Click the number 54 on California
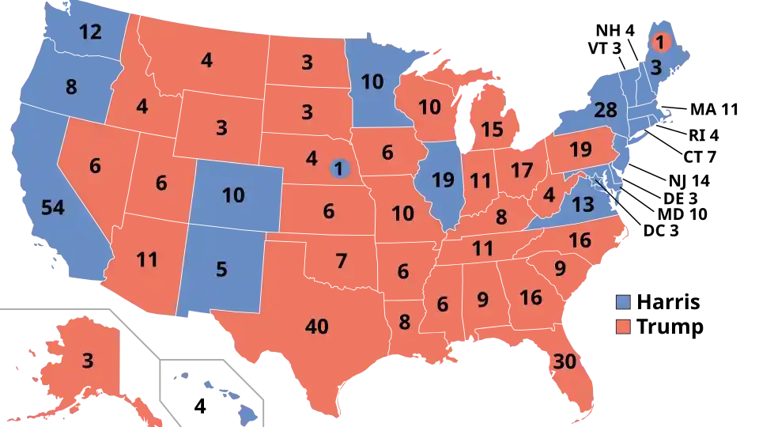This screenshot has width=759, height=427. [52, 208]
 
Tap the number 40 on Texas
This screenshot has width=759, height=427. [316, 325]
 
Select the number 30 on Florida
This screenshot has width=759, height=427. [565, 361]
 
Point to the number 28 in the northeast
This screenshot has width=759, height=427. [605, 111]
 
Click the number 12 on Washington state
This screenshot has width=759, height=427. [90, 32]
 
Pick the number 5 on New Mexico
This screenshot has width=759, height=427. [221, 270]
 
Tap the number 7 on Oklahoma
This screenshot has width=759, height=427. [341, 260]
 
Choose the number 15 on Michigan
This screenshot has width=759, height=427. [492, 129]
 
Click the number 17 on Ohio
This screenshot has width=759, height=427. [522, 170]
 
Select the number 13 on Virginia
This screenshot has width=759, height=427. [583, 206]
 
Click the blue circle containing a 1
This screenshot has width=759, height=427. [340, 168]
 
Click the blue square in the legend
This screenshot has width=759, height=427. [623, 301]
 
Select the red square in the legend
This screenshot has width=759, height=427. [623, 326]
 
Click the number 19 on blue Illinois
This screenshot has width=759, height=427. [444, 180]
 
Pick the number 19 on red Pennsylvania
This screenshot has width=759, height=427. [580, 149]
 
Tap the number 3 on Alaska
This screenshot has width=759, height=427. [87, 361]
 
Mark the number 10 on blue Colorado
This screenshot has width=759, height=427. [233, 195]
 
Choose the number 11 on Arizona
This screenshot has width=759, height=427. [147, 259]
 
